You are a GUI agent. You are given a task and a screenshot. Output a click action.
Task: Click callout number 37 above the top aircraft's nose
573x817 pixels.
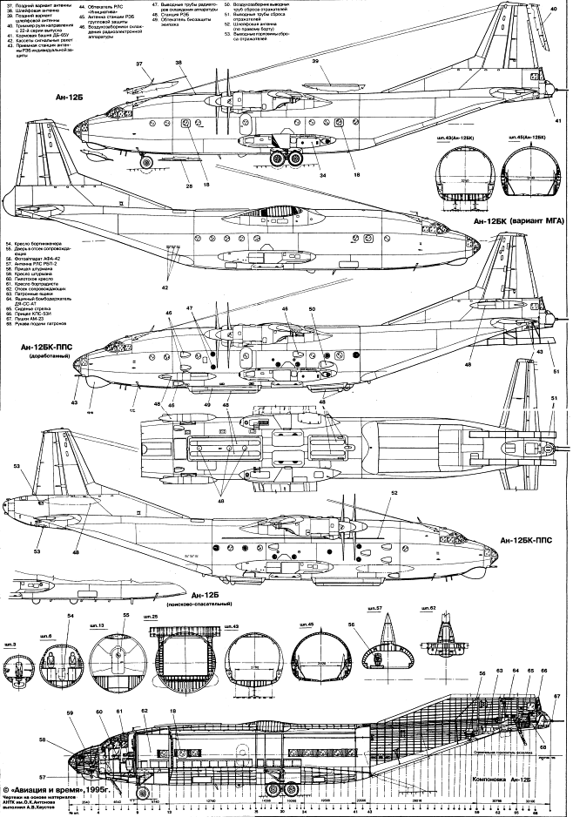click(138, 64)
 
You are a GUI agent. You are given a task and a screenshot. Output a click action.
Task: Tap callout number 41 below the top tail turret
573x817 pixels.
click(557, 120)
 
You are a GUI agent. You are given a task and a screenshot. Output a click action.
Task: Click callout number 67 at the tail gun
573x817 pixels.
click(556, 695)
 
